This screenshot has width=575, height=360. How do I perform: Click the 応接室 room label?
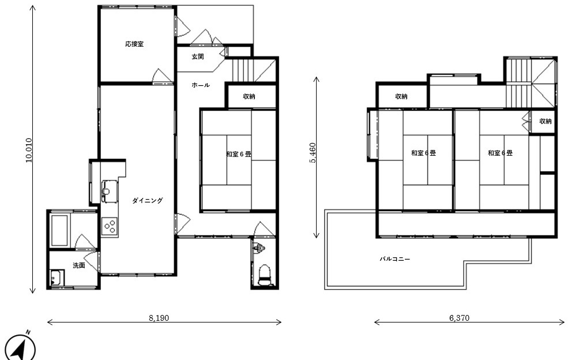(134, 44)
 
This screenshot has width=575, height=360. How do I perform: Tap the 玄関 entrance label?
(198, 57)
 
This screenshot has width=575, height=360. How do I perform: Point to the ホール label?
(201, 85)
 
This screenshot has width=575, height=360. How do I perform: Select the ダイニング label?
(147, 200)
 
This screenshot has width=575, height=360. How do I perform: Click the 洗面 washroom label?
(79, 265)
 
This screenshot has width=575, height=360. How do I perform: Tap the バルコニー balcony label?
(394, 259)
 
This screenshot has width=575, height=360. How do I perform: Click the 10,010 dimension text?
(29, 150)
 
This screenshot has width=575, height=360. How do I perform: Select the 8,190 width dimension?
(159, 318)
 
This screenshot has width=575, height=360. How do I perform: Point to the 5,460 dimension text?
(313, 153)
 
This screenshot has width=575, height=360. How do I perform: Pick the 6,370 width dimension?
(459, 318)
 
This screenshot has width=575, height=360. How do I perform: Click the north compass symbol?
(20, 347)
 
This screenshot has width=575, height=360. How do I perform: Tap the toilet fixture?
(265, 275)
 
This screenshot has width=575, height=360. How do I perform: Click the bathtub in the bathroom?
(59, 230)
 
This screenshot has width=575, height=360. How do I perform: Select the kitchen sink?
(110, 191)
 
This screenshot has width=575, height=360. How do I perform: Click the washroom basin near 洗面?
(57, 278)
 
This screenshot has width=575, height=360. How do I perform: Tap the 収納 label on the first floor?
(249, 96)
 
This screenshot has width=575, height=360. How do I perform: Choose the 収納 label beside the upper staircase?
(545, 121)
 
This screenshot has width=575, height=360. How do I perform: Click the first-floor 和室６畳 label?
(239, 154)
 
